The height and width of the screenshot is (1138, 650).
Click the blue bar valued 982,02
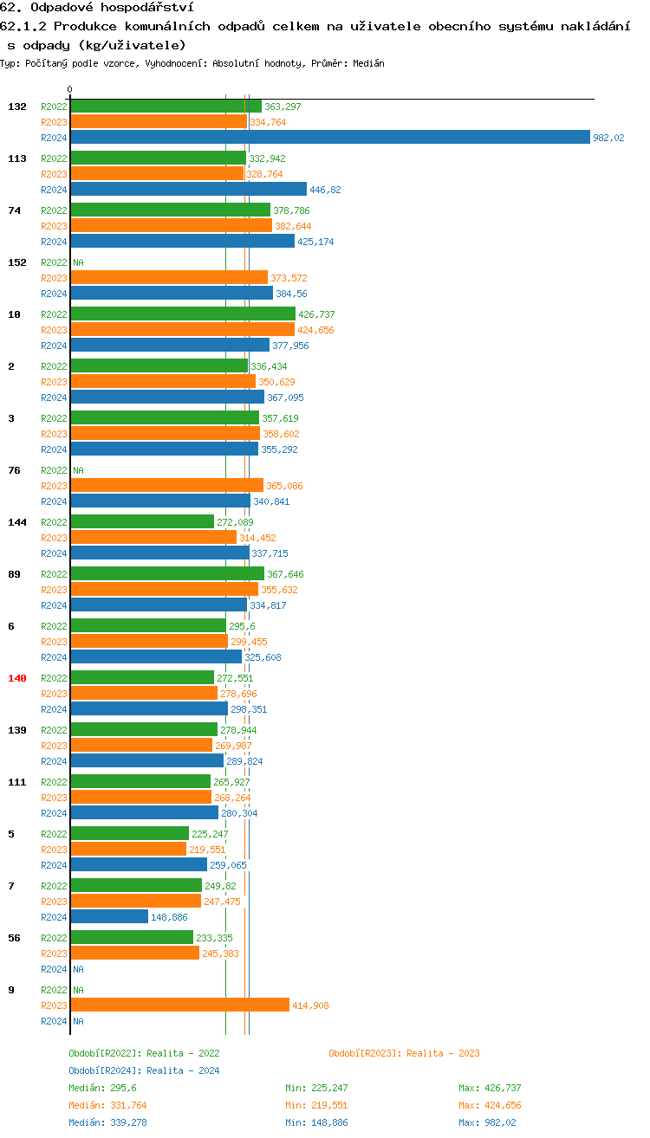[329, 138]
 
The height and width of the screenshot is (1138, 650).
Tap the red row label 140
[17, 678]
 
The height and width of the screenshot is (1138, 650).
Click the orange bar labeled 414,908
[179, 1005]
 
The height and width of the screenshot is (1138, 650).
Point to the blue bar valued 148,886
[109, 916]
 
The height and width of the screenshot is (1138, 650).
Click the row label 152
[17, 262]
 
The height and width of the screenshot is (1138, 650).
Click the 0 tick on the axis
[70, 90]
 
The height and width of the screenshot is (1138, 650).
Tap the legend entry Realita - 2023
[404, 1053]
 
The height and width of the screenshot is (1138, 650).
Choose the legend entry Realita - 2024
[144, 1070]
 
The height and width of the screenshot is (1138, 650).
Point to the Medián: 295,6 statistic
[102, 1088]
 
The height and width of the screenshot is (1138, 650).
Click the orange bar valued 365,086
[166, 485]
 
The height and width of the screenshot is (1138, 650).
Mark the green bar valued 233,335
[131, 937]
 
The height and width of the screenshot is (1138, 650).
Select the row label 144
[17, 522]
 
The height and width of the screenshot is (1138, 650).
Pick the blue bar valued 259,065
[139, 864]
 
